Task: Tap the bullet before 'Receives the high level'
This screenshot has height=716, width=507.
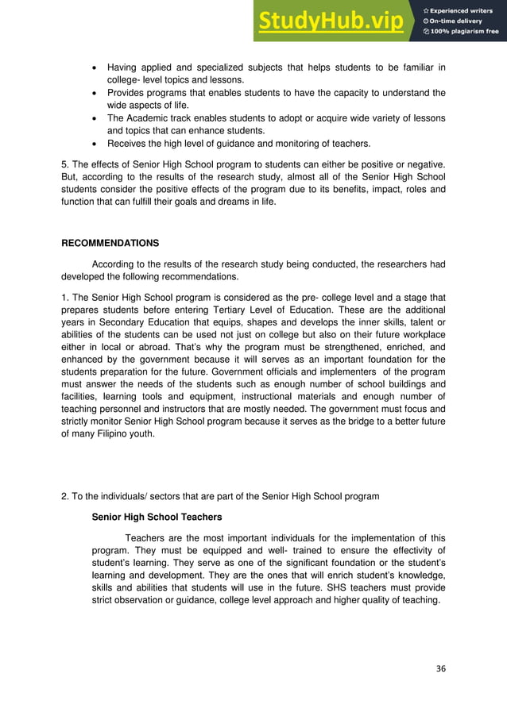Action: point(95,145)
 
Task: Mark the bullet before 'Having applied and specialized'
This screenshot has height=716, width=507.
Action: point(95,67)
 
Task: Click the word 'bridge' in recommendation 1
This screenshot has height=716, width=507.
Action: point(339,423)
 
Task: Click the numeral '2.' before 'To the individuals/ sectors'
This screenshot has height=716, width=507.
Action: point(66,497)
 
